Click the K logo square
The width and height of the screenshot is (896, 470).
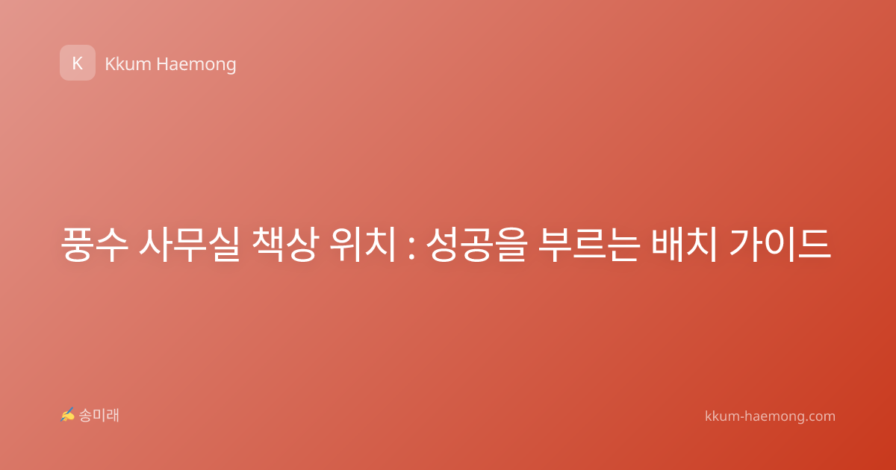click(x=78, y=63)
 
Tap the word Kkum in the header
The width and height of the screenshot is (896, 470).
click(x=128, y=64)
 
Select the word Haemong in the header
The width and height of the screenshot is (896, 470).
click(x=196, y=65)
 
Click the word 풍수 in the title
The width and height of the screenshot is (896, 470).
click(x=94, y=244)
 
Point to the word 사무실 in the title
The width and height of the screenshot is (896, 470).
click(x=189, y=244)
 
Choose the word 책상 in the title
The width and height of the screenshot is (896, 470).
click(x=285, y=244)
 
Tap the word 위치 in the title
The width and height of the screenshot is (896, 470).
click(x=362, y=244)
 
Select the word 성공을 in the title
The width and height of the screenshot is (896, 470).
click(x=476, y=244)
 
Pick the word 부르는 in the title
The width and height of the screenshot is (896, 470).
click(x=588, y=244)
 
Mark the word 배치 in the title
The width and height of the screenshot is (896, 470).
click(x=684, y=244)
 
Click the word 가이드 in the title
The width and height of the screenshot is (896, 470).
click(x=780, y=244)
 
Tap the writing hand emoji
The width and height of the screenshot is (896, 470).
click(x=67, y=415)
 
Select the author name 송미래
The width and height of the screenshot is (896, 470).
click(x=99, y=416)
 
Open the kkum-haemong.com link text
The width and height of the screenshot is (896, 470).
click(x=770, y=416)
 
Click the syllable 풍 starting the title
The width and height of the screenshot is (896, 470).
click(x=77, y=244)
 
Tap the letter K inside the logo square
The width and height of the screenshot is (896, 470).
click(x=78, y=63)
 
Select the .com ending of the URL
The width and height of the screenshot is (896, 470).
click(x=820, y=417)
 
